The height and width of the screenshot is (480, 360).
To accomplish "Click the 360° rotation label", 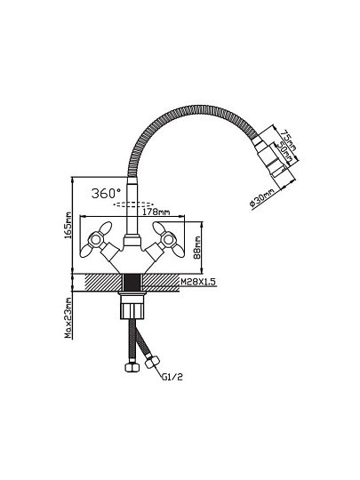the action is (x=106, y=193).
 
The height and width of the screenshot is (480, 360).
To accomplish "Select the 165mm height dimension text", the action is (x=68, y=225).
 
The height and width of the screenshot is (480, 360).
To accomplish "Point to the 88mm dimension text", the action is (x=197, y=248).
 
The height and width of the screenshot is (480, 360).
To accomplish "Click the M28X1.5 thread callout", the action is (x=198, y=282).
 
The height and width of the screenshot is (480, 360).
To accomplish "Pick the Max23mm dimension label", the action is (x=68, y=318).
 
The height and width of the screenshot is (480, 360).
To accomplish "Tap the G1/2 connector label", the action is (x=172, y=377).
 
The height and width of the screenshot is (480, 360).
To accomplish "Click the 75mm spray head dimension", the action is (x=288, y=140).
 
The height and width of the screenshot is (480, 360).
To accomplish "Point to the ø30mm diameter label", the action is (x=261, y=199).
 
